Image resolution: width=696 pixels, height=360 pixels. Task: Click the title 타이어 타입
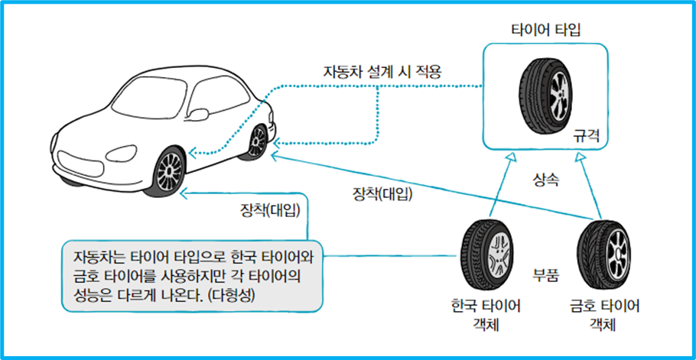coord(548,30)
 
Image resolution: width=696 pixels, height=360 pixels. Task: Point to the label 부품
coord(546,274)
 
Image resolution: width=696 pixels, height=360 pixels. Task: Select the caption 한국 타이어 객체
coord(486,315)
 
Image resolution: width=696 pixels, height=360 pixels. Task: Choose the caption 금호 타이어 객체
coord(604,315)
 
